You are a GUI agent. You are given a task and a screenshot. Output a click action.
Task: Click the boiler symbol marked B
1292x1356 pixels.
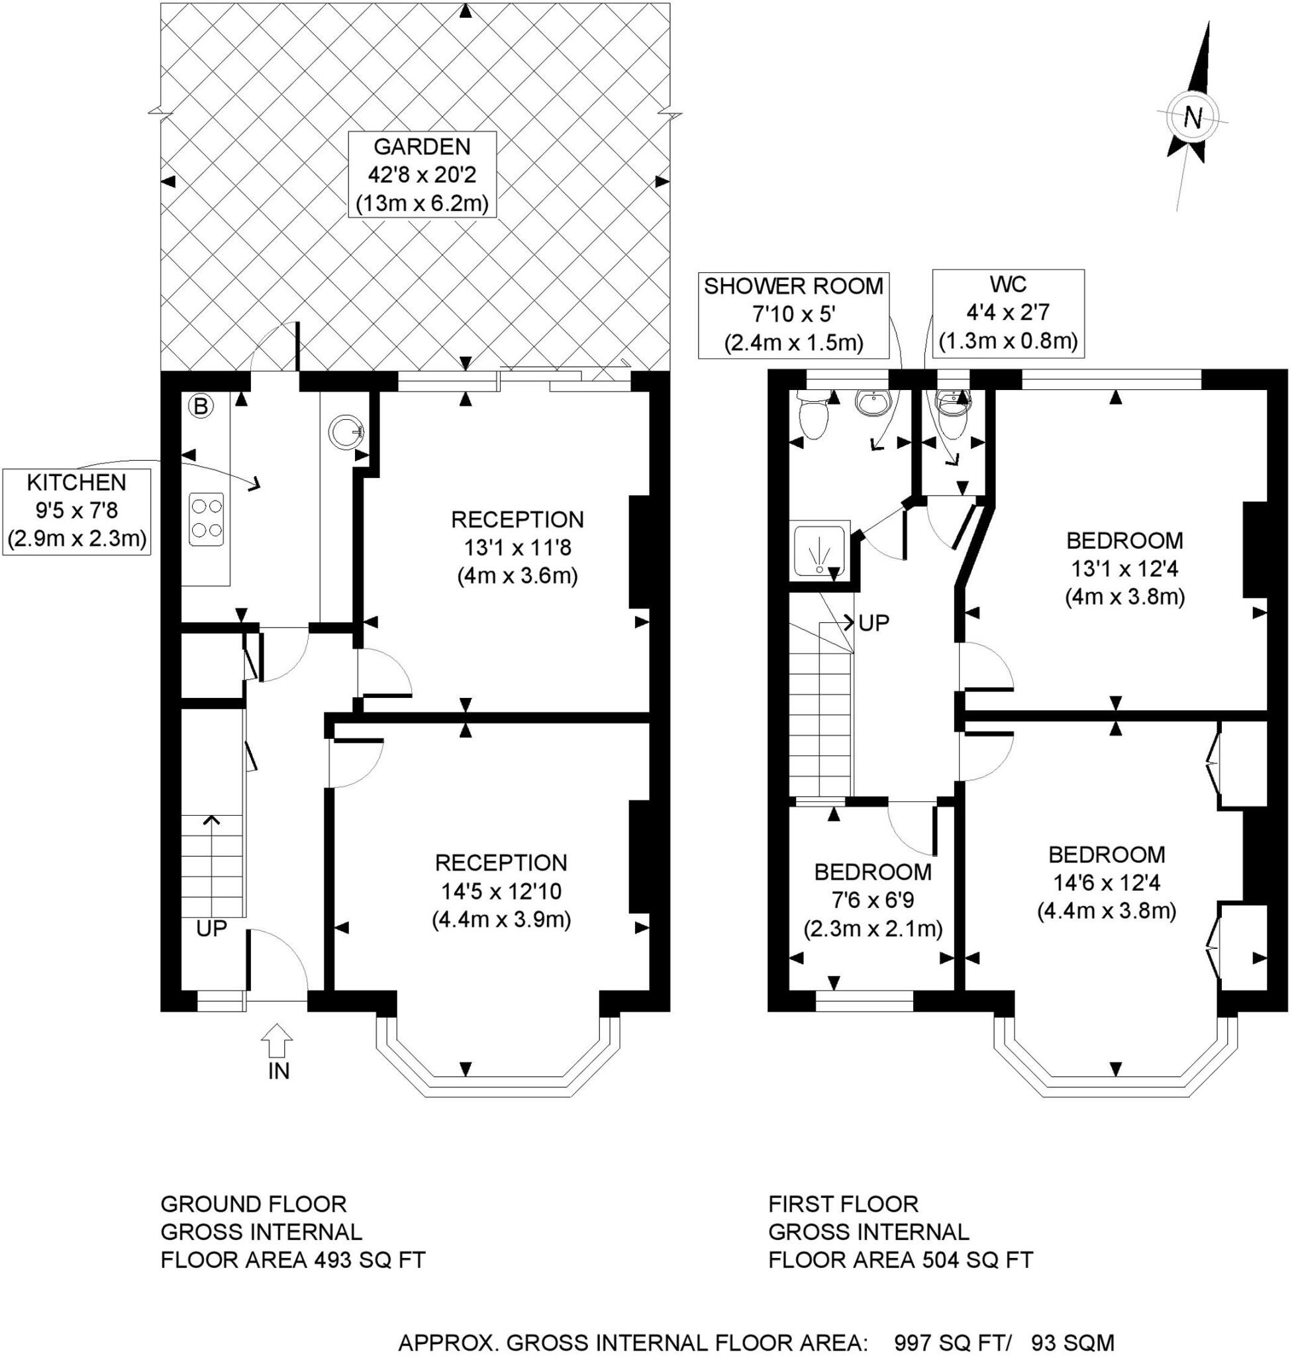pos(201,407)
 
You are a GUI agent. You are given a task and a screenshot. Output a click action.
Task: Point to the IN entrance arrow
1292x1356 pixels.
pos(278,1040)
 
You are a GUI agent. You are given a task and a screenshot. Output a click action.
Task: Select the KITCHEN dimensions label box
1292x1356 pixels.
pos(76,510)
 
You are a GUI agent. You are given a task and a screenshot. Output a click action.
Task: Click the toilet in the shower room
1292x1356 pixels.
pos(813,417)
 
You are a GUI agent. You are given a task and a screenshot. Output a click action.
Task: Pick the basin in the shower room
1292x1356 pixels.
pos(873,403)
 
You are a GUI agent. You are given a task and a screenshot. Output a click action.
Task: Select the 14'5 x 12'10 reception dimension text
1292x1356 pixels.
pos(501,891)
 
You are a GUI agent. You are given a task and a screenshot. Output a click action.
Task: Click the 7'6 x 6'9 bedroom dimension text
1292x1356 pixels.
pos(872,900)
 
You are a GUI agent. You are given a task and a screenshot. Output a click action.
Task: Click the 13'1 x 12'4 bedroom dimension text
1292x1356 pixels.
pos(1124,568)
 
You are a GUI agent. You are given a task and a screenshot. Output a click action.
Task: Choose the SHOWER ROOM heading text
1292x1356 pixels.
pos(793,287)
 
